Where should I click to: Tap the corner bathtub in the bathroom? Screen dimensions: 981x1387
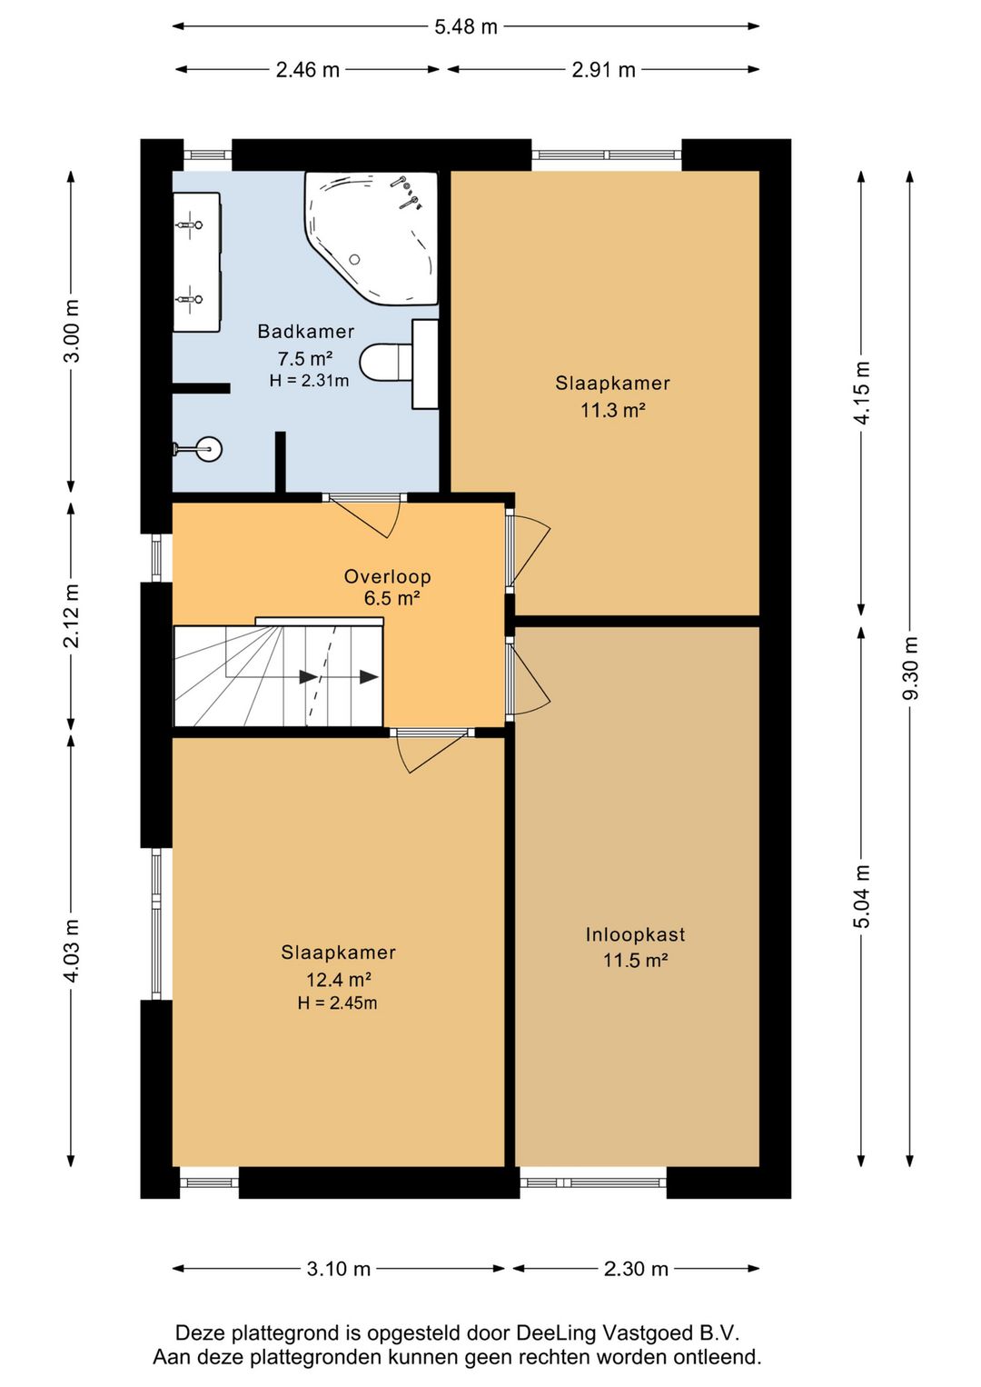(372, 238)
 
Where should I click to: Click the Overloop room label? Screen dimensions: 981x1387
(388, 576)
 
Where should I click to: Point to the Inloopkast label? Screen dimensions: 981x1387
(635, 934)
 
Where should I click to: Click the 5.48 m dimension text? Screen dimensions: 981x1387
(465, 27)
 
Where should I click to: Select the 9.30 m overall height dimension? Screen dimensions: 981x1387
(910, 667)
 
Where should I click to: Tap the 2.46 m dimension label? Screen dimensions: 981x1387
(308, 70)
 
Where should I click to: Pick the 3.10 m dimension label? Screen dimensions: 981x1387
(339, 1270)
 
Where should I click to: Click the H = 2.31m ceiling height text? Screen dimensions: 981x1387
(309, 381)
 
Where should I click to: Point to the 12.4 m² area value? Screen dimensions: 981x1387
(338, 980)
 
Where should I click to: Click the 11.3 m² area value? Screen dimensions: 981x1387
(613, 410)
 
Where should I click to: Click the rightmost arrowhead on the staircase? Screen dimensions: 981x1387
(370, 677)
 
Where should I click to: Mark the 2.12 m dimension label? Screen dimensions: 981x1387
(72, 615)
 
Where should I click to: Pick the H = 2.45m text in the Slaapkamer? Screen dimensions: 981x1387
(337, 1003)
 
